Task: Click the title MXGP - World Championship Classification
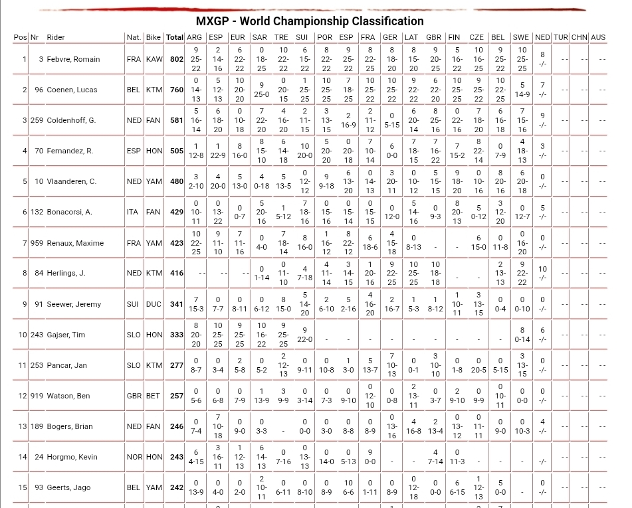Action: [310, 21]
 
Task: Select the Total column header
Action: [175, 37]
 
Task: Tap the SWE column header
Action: [520, 37]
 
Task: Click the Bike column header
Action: [154, 37]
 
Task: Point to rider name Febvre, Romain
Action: [73, 59]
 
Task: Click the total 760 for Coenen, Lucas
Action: [176, 90]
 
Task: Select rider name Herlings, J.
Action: [66, 273]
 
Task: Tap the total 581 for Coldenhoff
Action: [176, 120]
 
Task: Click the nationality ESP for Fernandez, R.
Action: [134, 151]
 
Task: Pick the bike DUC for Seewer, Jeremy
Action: [154, 304]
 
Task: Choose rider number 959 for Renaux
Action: [37, 243]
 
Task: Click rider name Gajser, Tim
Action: [66, 335]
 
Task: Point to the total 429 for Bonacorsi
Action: [176, 212]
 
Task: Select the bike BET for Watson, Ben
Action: [154, 396]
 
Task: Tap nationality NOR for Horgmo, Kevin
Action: [134, 457]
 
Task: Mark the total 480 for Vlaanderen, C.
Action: [176, 181]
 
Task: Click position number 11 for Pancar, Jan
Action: [23, 365]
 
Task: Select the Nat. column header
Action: [134, 37]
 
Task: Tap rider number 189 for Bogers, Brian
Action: [37, 426]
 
